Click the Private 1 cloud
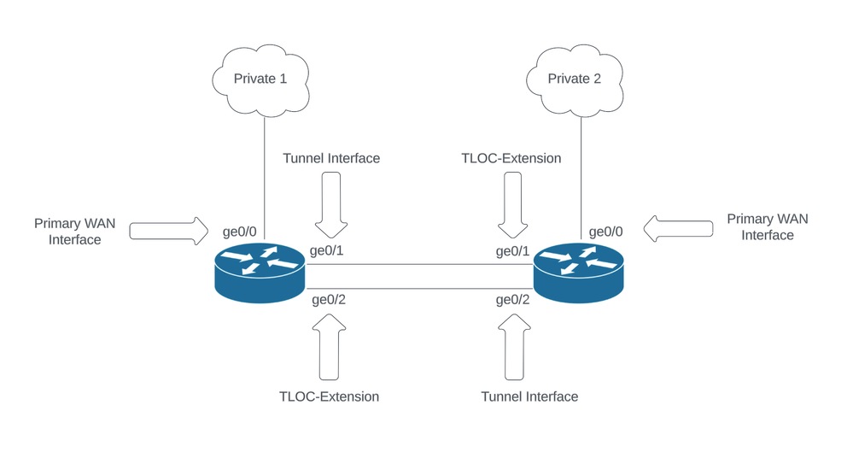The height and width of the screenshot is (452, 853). pyautogui.click(x=260, y=79)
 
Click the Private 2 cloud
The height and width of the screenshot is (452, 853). pyautogui.click(x=574, y=79)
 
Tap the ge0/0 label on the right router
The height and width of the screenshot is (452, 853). pyautogui.click(x=606, y=231)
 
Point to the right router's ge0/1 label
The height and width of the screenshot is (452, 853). pyautogui.click(x=513, y=251)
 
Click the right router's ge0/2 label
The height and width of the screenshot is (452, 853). pyautogui.click(x=513, y=300)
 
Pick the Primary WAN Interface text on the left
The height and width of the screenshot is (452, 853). pyautogui.click(x=74, y=232)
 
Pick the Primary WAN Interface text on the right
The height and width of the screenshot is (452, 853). pyautogui.click(x=768, y=226)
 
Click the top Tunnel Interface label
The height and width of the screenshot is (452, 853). pyautogui.click(x=330, y=158)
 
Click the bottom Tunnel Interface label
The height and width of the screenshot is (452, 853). pyautogui.click(x=529, y=396)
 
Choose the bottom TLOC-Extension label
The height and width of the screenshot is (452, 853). pyautogui.click(x=329, y=396)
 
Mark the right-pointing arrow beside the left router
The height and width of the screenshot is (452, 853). pyautogui.click(x=168, y=231)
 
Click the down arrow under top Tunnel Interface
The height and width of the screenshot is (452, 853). pyautogui.click(x=330, y=203)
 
